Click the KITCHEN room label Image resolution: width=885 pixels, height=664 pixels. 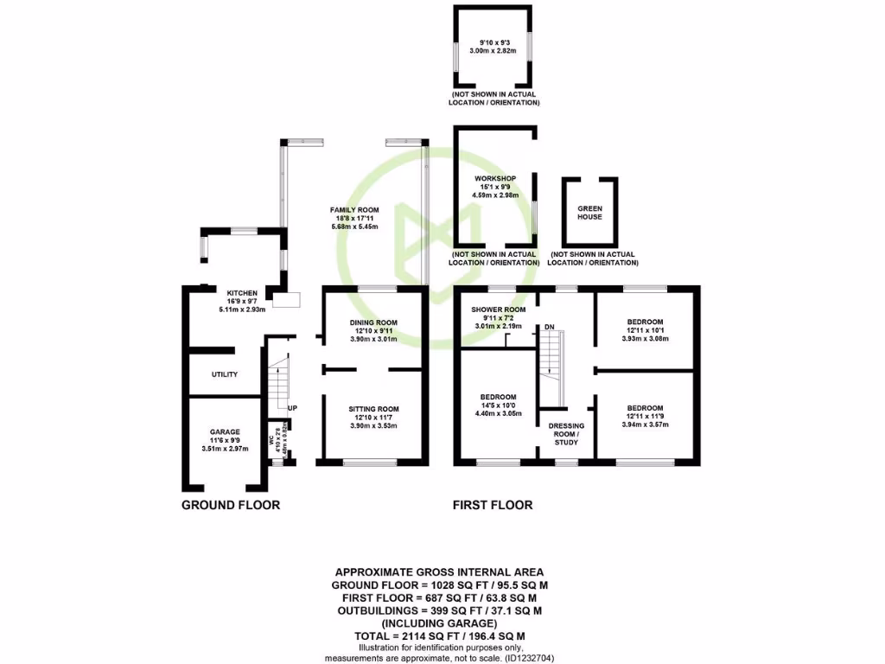coord(242,293)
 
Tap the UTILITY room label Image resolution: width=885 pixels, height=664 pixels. coord(225,374)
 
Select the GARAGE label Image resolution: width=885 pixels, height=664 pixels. coord(224,431)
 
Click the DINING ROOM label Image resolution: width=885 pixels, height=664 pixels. coord(373,322)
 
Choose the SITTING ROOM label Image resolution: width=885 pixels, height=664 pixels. coord(373,409)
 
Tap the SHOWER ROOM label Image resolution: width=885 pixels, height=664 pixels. coord(498,310)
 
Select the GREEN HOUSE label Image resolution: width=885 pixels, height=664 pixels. coord(589,213)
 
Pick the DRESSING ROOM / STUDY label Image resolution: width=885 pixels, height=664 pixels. coord(566,436)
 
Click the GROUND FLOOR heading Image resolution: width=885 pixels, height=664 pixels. coord(231,505)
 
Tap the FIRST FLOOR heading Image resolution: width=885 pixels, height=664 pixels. coord(493,505)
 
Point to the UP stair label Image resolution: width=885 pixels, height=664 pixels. coord(293,408)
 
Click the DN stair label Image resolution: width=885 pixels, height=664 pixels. coord(549,327)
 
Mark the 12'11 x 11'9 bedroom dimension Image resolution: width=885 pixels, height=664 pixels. coord(646,417)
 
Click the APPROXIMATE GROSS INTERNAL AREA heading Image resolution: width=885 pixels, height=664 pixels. coord(439,571)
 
